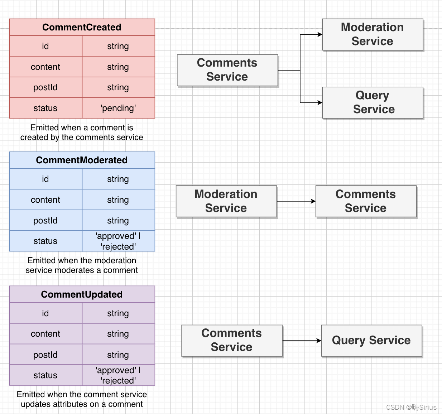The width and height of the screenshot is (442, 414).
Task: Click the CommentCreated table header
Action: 82,27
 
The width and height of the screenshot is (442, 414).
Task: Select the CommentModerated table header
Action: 82,160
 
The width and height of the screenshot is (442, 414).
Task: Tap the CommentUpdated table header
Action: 82,294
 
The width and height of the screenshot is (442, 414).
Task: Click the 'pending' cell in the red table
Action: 119,108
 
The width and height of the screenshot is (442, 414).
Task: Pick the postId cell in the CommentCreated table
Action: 46,87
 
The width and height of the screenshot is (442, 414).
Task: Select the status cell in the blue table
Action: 46,241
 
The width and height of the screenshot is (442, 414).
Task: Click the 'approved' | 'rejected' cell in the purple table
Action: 119,375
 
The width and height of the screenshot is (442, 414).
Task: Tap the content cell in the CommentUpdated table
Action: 46,334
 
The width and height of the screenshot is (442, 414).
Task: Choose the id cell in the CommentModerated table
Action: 46,179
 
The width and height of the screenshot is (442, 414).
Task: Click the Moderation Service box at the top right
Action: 373,34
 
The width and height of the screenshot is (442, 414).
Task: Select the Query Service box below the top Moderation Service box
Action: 373,103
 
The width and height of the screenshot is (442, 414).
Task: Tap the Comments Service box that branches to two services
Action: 227,70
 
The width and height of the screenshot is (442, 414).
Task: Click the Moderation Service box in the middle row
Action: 226,201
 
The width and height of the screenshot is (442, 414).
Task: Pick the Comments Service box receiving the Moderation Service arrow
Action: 366,201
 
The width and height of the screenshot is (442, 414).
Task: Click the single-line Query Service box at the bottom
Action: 371,341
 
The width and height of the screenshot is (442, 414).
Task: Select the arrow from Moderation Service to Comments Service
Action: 296,201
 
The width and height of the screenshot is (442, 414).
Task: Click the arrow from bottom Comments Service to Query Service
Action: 302,341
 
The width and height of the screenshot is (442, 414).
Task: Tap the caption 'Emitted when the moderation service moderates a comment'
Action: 82,265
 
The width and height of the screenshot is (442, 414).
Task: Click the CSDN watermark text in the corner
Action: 411,407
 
